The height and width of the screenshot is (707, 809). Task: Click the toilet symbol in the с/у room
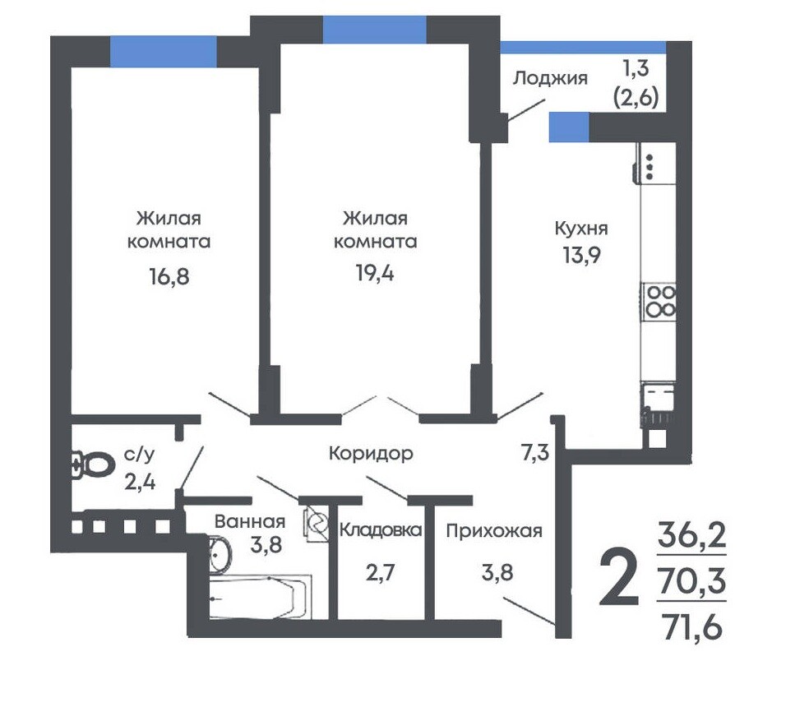pyautogui.click(x=93, y=464)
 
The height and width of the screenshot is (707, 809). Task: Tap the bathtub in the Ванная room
pyautogui.click(x=261, y=597)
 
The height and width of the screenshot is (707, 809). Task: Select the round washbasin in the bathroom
pyautogui.click(x=220, y=554)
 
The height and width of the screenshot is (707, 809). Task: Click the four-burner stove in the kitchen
pyautogui.click(x=659, y=302)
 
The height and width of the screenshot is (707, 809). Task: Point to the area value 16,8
pyautogui.click(x=169, y=276)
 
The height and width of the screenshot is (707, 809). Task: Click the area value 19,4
pyautogui.click(x=375, y=273)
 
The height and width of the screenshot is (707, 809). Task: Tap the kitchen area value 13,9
pyautogui.click(x=581, y=255)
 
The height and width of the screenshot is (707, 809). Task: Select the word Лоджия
pyautogui.click(x=550, y=78)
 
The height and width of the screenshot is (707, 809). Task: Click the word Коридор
pyautogui.click(x=371, y=454)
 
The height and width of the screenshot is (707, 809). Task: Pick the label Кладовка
pyautogui.click(x=381, y=530)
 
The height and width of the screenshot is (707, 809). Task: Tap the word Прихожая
pyautogui.click(x=494, y=530)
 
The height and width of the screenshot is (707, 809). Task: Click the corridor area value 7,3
pyautogui.click(x=535, y=453)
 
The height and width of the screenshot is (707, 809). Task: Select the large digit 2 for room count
pyautogui.click(x=619, y=575)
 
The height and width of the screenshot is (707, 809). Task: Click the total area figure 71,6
pyautogui.click(x=692, y=628)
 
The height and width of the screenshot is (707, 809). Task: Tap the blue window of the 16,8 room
pyautogui.click(x=163, y=52)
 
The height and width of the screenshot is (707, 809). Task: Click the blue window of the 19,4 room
pyautogui.click(x=375, y=30)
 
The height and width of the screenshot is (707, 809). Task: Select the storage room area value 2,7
pyautogui.click(x=381, y=572)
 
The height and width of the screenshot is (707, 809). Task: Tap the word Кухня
pyautogui.click(x=581, y=228)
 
